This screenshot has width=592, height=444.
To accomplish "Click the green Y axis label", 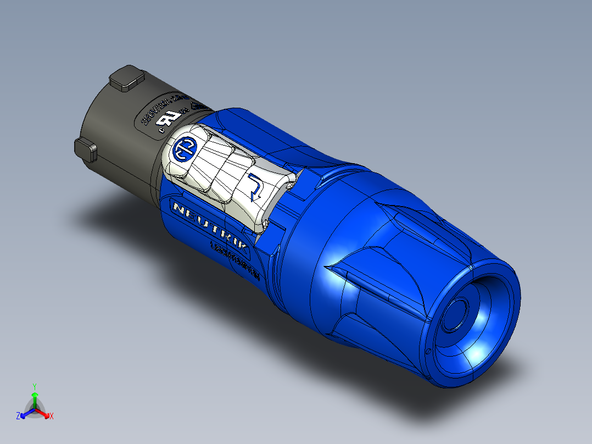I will [x=35, y=386].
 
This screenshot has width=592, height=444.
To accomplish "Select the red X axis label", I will [x=52, y=417].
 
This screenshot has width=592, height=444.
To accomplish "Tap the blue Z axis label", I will [x=18, y=417].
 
